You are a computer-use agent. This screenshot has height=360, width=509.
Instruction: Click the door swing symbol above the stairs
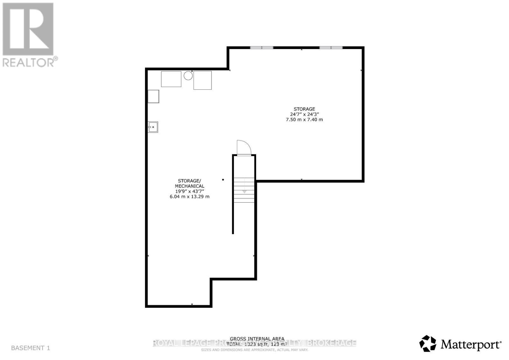point(244,148)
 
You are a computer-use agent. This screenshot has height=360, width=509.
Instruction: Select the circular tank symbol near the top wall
point(188,76)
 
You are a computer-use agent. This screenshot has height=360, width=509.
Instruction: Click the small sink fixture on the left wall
point(153,127)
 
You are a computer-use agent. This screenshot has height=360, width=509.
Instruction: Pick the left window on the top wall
point(261,48)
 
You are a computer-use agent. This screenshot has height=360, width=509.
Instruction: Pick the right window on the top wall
point(331,48)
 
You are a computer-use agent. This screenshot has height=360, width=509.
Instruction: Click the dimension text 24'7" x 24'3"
point(304,114)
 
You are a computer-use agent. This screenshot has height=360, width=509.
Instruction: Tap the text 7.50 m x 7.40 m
point(304,120)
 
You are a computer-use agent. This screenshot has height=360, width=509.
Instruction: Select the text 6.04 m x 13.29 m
point(190,197)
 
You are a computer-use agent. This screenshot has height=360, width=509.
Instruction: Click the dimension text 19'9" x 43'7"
point(190,191)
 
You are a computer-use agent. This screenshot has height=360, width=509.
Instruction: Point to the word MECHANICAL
point(190,186)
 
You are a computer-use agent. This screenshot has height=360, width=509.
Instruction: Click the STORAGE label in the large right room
point(304,109)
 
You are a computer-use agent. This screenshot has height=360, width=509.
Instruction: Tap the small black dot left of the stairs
point(223,180)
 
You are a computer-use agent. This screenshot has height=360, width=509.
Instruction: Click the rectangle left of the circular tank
point(171,79)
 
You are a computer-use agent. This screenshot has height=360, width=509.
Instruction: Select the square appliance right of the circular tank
point(202,80)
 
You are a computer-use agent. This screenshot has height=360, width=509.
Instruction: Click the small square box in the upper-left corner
point(154,96)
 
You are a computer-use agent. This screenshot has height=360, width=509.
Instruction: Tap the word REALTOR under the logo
point(29,62)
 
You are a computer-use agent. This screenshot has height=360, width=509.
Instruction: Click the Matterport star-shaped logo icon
point(428,344)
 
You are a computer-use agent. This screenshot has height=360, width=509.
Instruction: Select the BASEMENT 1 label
point(31,348)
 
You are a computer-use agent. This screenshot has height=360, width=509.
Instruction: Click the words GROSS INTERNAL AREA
point(257,339)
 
